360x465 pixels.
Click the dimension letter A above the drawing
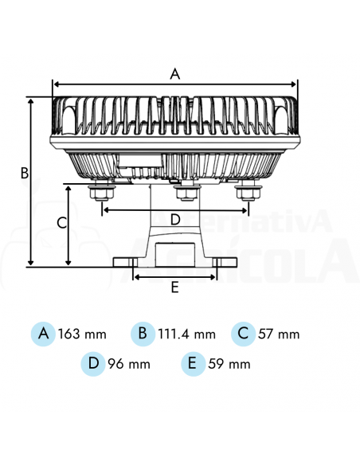(x=175, y=74)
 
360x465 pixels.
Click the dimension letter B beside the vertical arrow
(x=24, y=172)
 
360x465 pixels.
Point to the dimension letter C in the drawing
(x=61, y=223)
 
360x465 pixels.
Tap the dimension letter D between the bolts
(x=175, y=218)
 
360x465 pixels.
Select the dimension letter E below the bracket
(x=175, y=288)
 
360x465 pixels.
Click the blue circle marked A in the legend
(x=44, y=333)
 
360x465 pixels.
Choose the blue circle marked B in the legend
(x=143, y=333)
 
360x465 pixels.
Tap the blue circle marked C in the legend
(x=243, y=333)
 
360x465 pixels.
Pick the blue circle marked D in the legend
(x=93, y=363)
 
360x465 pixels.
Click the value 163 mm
(x=81, y=334)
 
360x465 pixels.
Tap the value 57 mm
(x=279, y=334)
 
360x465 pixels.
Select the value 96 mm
(x=129, y=365)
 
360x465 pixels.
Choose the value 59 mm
(x=229, y=365)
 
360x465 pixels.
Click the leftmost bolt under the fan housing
(x=101, y=192)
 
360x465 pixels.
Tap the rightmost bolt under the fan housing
(x=248, y=192)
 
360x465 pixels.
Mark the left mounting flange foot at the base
(x=128, y=262)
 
